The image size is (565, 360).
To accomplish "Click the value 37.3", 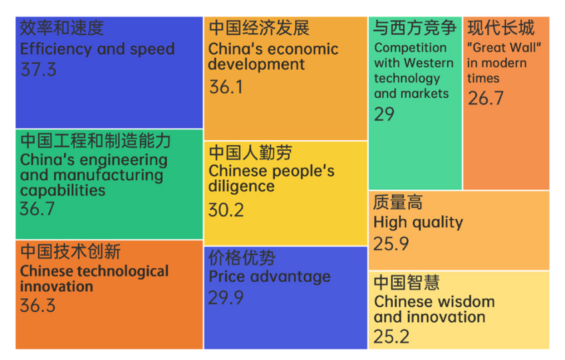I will pos(39,70).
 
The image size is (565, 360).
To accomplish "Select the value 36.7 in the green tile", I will pos(38,209).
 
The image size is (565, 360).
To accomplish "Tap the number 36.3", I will pos(38,306).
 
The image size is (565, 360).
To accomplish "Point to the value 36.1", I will pos(226,87).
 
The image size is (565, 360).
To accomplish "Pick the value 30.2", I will pos(226,210).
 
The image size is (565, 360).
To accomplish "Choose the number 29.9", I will pos(226,298).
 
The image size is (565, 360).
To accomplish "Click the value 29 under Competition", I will pos(384,114).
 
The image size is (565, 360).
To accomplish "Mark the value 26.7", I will pos(485,98).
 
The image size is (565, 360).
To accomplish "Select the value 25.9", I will pos(391,244).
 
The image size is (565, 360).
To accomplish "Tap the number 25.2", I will pos(392,337).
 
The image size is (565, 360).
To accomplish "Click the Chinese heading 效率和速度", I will pos(62,28).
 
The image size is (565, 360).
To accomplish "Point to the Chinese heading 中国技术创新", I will pos(70,252).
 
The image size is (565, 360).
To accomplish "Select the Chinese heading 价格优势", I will pos(242,258).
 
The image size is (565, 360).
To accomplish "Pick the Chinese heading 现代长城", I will pos(501,28).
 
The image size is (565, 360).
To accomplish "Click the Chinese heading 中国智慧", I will pos(406,282).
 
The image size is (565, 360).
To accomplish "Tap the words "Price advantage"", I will pos(269,276).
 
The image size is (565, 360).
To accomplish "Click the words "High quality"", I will pos(418,223).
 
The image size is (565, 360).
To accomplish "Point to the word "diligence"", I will pos(241,187).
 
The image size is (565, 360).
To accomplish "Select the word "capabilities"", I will pos(62,191).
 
